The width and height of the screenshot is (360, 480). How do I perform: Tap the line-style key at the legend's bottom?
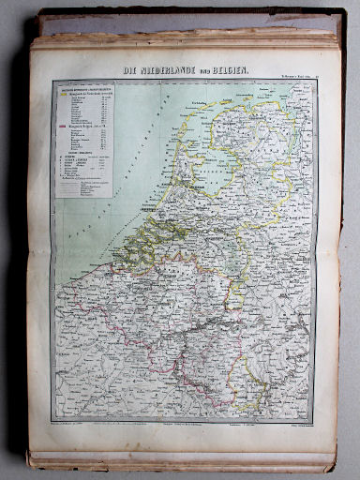tap(84, 187)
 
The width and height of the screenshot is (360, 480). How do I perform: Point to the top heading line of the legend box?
tap(82, 87)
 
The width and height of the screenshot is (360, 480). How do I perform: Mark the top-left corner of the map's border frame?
tap(52, 80)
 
